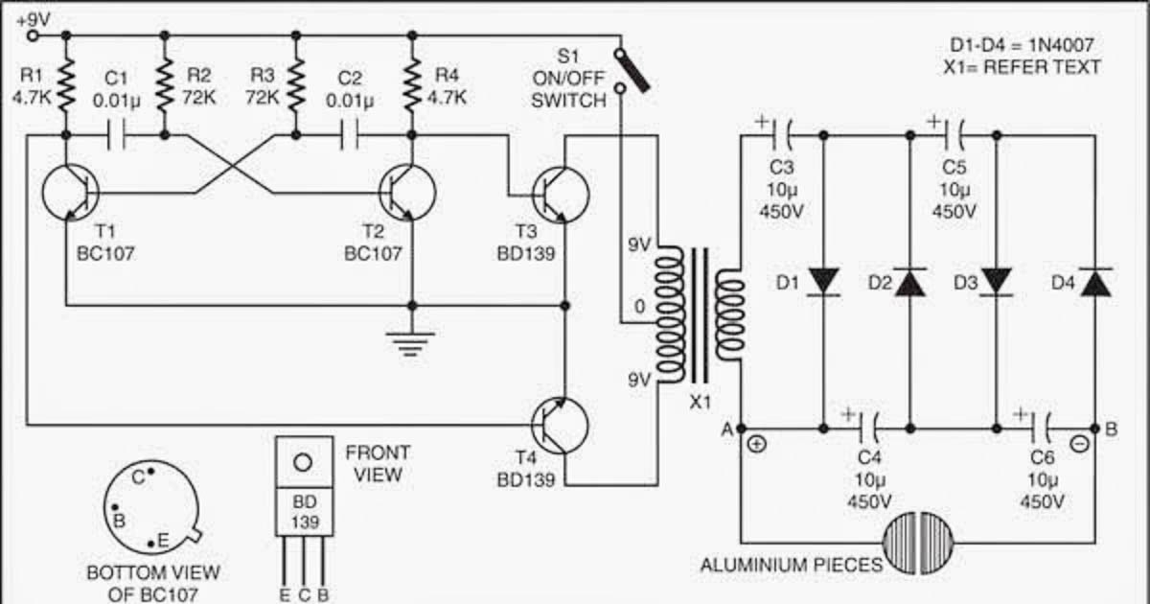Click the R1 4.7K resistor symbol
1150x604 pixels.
pyautogui.click(x=67, y=84)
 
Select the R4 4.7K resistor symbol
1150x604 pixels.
pyautogui.click(x=412, y=84)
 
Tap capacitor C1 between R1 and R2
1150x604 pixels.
pyautogui.click(x=116, y=136)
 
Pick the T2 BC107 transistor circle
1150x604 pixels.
pyautogui.click(x=406, y=194)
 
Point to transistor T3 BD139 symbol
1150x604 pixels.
pyautogui.click(x=560, y=194)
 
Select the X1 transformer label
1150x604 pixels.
pyautogui.click(x=701, y=402)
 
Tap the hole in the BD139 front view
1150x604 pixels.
pyautogui.click(x=303, y=462)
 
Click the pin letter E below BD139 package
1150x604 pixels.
pyautogui.click(x=285, y=594)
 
